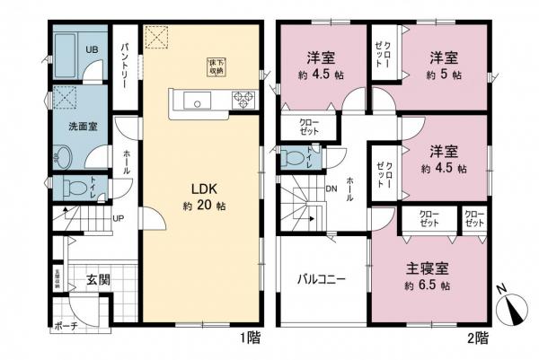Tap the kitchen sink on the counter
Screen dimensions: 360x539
(x=197, y=100)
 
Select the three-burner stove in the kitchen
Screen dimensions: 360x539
(x=242, y=100)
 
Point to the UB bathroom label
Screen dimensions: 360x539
(x=92, y=49)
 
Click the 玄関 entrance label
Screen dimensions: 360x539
(x=98, y=279)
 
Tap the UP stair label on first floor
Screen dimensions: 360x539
(x=118, y=218)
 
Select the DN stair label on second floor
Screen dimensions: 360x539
(x=329, y=189)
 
